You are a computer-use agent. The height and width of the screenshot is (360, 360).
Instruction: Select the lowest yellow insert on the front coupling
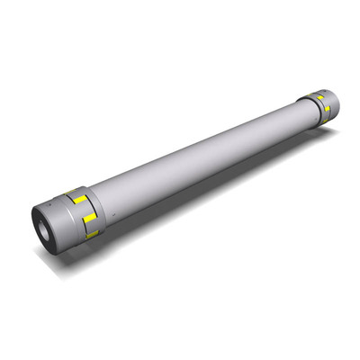[91, 234]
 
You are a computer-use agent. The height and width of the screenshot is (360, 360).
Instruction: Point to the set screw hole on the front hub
[51, 205]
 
